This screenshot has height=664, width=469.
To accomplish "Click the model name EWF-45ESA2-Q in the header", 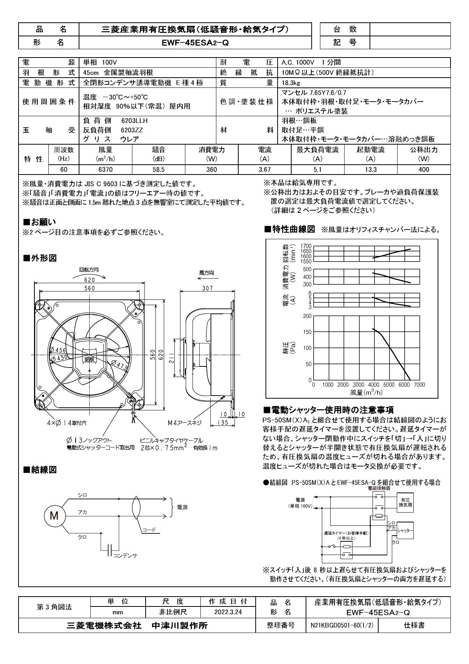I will click(195, 42).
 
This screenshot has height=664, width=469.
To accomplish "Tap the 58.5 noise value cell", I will click(158, 170).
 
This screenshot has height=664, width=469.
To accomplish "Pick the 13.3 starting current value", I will click(371, 170).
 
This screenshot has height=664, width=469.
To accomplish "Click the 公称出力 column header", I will click(424, 150).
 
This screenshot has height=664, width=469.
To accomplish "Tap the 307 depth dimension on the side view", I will click(207, 288).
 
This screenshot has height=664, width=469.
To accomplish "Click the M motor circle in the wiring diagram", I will click(54, 515).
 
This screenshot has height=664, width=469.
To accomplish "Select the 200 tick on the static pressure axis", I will click(307, 316).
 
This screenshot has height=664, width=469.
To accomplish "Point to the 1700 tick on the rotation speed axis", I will click(306, 246).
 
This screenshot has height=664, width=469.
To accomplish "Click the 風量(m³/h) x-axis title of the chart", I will click(366, 392).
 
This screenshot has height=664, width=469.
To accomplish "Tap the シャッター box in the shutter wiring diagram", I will click(405, 530).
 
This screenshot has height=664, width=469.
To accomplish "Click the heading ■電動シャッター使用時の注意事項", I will click(329, 410).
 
